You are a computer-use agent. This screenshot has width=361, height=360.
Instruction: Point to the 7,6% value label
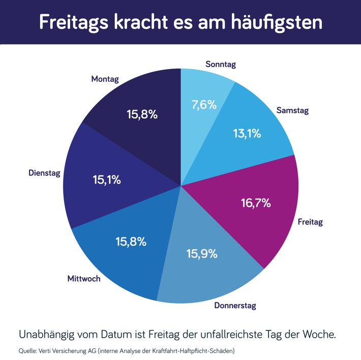pyautogui.click(x=204, y=105)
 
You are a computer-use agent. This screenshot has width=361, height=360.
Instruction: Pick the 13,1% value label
pyautogui.click(x=247, y=134)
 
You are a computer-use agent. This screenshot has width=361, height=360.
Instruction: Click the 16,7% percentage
pyautogui.click(x=256, y=203)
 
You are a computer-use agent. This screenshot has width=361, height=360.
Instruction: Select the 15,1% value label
pyautogui.click(x=107, y=180)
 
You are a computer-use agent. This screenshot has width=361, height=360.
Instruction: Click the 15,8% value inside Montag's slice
pyautogui.click(x=142, y=114)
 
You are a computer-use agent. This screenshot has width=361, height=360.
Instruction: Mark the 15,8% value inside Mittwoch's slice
pyautogui.click(x=131, y=242)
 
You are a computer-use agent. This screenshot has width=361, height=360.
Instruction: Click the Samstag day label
pyautogui.click(x=292, y=110)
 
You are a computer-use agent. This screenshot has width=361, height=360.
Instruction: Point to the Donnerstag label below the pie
pyautogui.click(x=235, y=306)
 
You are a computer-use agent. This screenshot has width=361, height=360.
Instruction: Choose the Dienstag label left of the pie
pyautogui.click(x=44, y=173)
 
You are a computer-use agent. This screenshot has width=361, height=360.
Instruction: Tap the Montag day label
pyautogui.click(x=105, y=79)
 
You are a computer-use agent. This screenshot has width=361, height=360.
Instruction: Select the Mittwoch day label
pyautogui.click(x=84, y=279)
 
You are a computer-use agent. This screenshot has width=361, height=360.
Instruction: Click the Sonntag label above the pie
pyautogui.click(x=221, y=64)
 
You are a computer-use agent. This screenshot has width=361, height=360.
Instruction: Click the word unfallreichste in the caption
pyautogui.click(x=220, y=335)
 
